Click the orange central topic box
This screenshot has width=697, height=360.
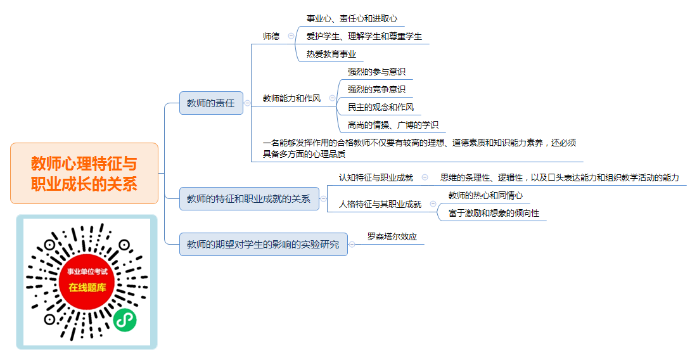[x=84, y=173]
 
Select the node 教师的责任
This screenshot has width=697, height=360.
[x=211, y=103]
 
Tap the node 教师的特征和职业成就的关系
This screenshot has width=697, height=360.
[x=249, y=198]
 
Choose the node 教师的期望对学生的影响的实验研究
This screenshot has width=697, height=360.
[x=263, y=245]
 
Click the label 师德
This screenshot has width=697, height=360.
[x=271, y=37]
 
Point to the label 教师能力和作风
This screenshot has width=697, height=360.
[x=291, y=98]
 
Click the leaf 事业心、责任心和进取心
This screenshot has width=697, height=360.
[x=352, y=18]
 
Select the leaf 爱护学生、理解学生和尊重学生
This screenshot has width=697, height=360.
[x=364, y=37]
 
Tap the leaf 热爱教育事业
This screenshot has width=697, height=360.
[x=331, y=55]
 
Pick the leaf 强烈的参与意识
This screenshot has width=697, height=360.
[x=376, y=72]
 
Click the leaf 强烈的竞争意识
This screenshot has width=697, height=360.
[x=376, y=89]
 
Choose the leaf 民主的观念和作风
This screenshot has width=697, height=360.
[x=381, y=107]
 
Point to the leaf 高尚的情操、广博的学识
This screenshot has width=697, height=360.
[x=393, y=125]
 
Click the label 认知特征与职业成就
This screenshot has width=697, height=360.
[x=376, y=177]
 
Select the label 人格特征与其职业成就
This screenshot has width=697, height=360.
[x=380, y=204]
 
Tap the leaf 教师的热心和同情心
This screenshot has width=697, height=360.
[x=485, y=196]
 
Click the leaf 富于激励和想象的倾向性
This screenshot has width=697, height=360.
[x=494, y=214]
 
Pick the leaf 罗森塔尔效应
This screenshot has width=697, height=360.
[x=392, y=236]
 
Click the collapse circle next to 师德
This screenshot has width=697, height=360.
[x=291, y=36]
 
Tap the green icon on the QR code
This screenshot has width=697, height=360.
[x=124, y=320]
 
